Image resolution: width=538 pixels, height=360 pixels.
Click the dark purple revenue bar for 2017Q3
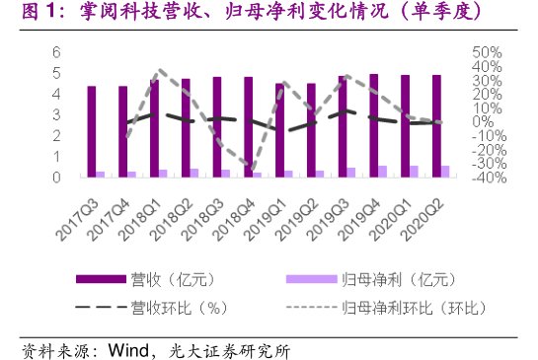coord(92,131)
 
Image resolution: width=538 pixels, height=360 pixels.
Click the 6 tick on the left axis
coord(56,51)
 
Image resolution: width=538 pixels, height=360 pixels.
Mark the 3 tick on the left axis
coord(56,114)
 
